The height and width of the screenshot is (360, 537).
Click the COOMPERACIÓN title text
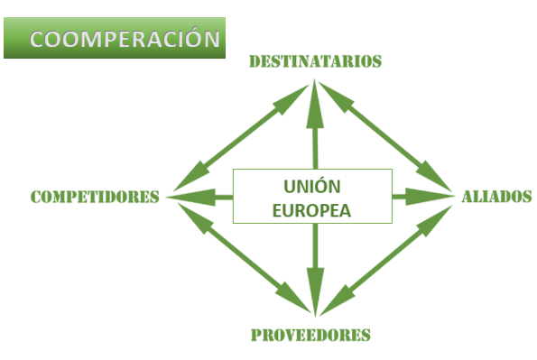coord(125,39)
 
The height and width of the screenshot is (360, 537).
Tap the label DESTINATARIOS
coord(315,61)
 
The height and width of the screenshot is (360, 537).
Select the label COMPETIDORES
coord(95,197)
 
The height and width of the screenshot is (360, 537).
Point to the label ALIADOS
coord(496,197)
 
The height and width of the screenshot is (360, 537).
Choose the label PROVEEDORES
coord(310,335)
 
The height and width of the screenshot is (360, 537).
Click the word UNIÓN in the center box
coord(312,186)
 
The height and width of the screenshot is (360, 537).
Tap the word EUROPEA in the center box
coord(311,210)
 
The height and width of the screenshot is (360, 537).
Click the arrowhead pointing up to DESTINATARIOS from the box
coord(315,104)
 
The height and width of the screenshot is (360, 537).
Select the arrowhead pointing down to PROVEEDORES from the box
coord(315,292)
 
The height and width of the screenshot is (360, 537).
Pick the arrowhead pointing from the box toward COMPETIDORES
coord(190,198)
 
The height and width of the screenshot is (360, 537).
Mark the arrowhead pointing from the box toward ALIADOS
coord(431,197)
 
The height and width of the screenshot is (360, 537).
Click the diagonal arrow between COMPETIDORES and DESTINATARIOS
coord(241,138)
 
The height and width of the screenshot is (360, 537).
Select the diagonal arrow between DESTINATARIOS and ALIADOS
coord(385,136)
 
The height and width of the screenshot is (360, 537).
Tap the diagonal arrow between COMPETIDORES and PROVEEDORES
coord(245,257)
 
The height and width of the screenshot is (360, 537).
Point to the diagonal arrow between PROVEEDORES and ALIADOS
coord(386,260)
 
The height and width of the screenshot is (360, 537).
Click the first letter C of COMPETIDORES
coord(36,197)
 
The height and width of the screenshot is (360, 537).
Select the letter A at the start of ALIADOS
coord(468,197)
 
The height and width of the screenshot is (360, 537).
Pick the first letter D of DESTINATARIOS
coord(255,61)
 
